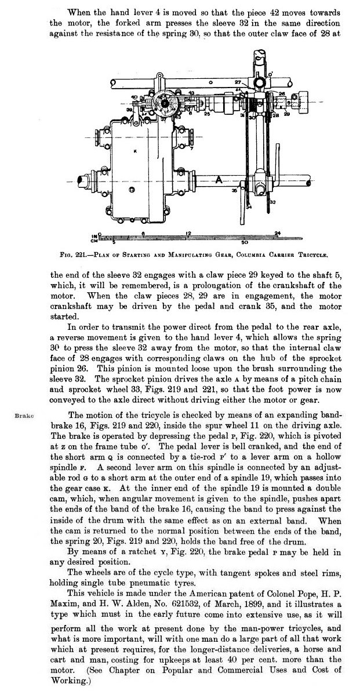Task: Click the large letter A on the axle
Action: [219, 180]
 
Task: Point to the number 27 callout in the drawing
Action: [238, 83]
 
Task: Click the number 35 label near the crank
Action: [234, 190]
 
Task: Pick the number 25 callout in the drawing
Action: [207, 114]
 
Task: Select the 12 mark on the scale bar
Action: [188, 233]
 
